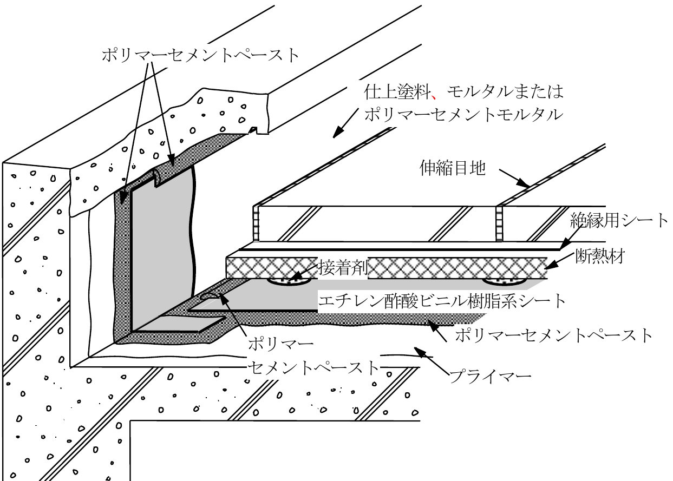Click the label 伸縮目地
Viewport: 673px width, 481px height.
tap(453, 168)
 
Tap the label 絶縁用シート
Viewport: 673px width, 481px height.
tap(619, 220)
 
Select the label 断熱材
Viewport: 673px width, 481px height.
tap(600, 256)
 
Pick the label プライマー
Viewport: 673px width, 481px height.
tap(491, 377)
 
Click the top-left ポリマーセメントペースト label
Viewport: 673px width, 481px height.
tap(201, 55)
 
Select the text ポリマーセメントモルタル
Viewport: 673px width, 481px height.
tap(464, 115)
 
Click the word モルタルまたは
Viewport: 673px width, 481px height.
tap(505, 91)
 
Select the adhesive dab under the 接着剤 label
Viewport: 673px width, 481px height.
tap(289, 281)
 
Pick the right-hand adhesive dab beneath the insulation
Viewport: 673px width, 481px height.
tap(505, 281)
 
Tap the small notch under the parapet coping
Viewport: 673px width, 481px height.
tap(254, 130)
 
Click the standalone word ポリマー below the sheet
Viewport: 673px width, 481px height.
tap(280, 344)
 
